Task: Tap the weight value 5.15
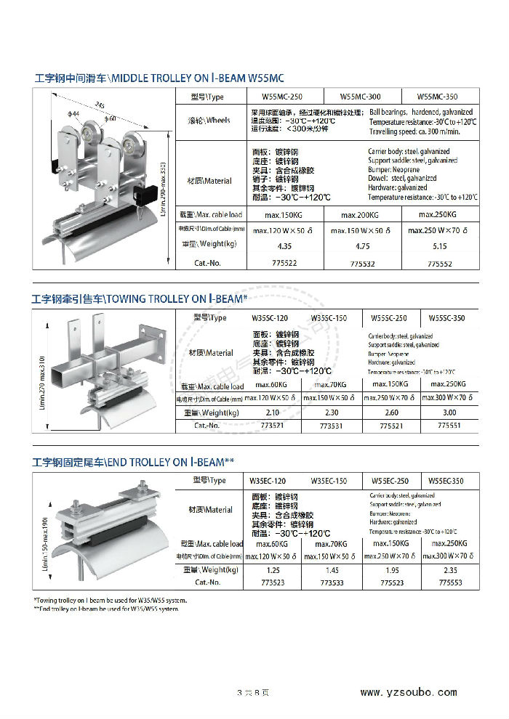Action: pos(439,246)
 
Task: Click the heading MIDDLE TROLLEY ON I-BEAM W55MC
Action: pos(159,77)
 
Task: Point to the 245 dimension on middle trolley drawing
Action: pos(100,105)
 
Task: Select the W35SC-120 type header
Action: pos(269,318)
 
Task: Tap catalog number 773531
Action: pos(332,426)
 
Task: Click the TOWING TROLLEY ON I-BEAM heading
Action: pos(139,298)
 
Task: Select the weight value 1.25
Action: pos(273,570)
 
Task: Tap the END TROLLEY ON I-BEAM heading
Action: pos(133,462)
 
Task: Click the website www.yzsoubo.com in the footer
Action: pos(409,692)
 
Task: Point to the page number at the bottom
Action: pos(254,693)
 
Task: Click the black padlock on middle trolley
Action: pos(146,195)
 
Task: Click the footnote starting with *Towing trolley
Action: pos(111,601)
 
